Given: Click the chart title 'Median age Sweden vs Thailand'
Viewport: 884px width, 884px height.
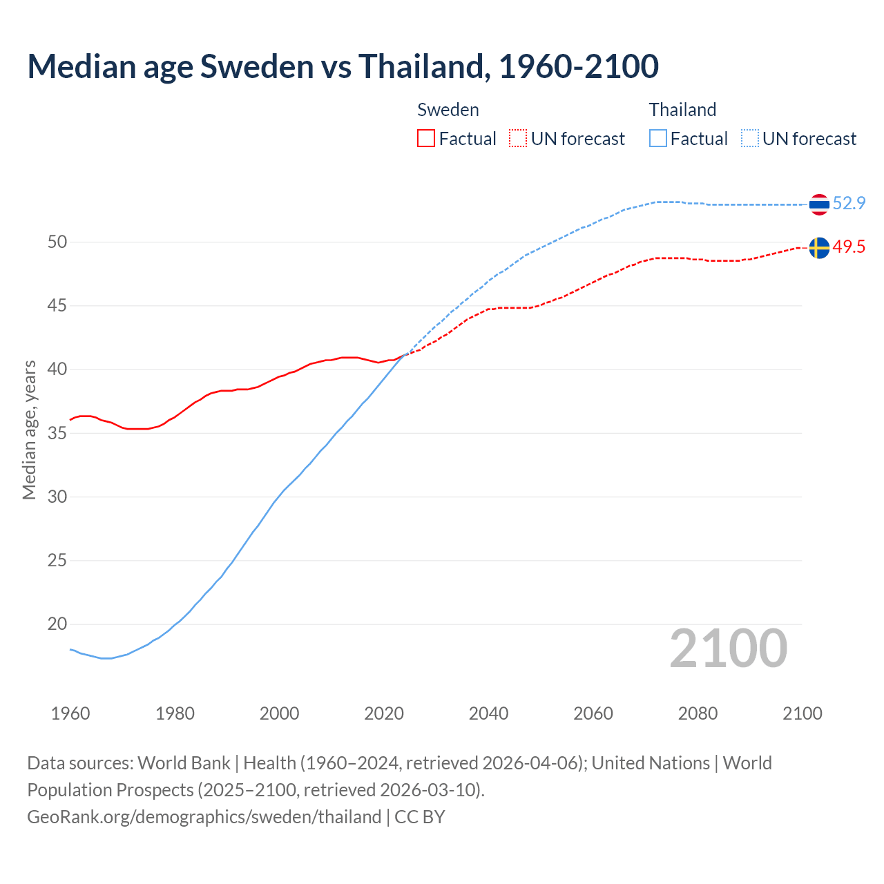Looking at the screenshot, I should coord(343,66).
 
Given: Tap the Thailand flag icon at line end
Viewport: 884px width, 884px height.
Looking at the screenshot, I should coord(818,204).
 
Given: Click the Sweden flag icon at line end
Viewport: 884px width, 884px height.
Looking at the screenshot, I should coord(818,247).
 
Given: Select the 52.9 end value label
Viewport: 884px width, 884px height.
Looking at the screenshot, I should coord(849,203).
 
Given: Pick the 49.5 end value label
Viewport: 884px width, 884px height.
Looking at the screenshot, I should coord(849,247).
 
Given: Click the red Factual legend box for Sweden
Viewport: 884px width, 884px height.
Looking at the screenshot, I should coord(426,139).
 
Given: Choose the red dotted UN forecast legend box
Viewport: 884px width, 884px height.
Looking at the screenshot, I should coord(518,139).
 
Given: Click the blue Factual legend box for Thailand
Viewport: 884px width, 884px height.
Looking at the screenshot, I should coord(658,139).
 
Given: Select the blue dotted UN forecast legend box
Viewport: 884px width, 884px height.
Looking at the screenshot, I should coord(750,139).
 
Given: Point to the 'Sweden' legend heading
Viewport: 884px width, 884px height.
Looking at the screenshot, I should coord(448,110).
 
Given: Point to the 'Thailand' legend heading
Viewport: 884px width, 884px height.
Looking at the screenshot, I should coord(682,110).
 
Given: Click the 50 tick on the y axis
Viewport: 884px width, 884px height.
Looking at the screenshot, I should coord(57,242).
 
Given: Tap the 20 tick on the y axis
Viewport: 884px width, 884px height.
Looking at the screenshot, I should coord(57,624).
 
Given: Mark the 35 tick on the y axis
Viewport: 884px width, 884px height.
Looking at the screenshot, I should coord(57,433).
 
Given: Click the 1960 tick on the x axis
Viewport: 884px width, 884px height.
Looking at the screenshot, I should coord(70,713).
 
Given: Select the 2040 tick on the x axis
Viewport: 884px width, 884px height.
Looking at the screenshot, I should coord(488,713).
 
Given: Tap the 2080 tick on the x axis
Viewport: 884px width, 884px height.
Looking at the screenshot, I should coord(698,713).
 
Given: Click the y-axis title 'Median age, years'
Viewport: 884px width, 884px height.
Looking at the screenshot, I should coord(29,430).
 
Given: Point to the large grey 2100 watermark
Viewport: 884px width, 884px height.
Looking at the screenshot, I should coord(729,648).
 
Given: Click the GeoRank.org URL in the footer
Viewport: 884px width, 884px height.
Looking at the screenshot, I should coord(204,817).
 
